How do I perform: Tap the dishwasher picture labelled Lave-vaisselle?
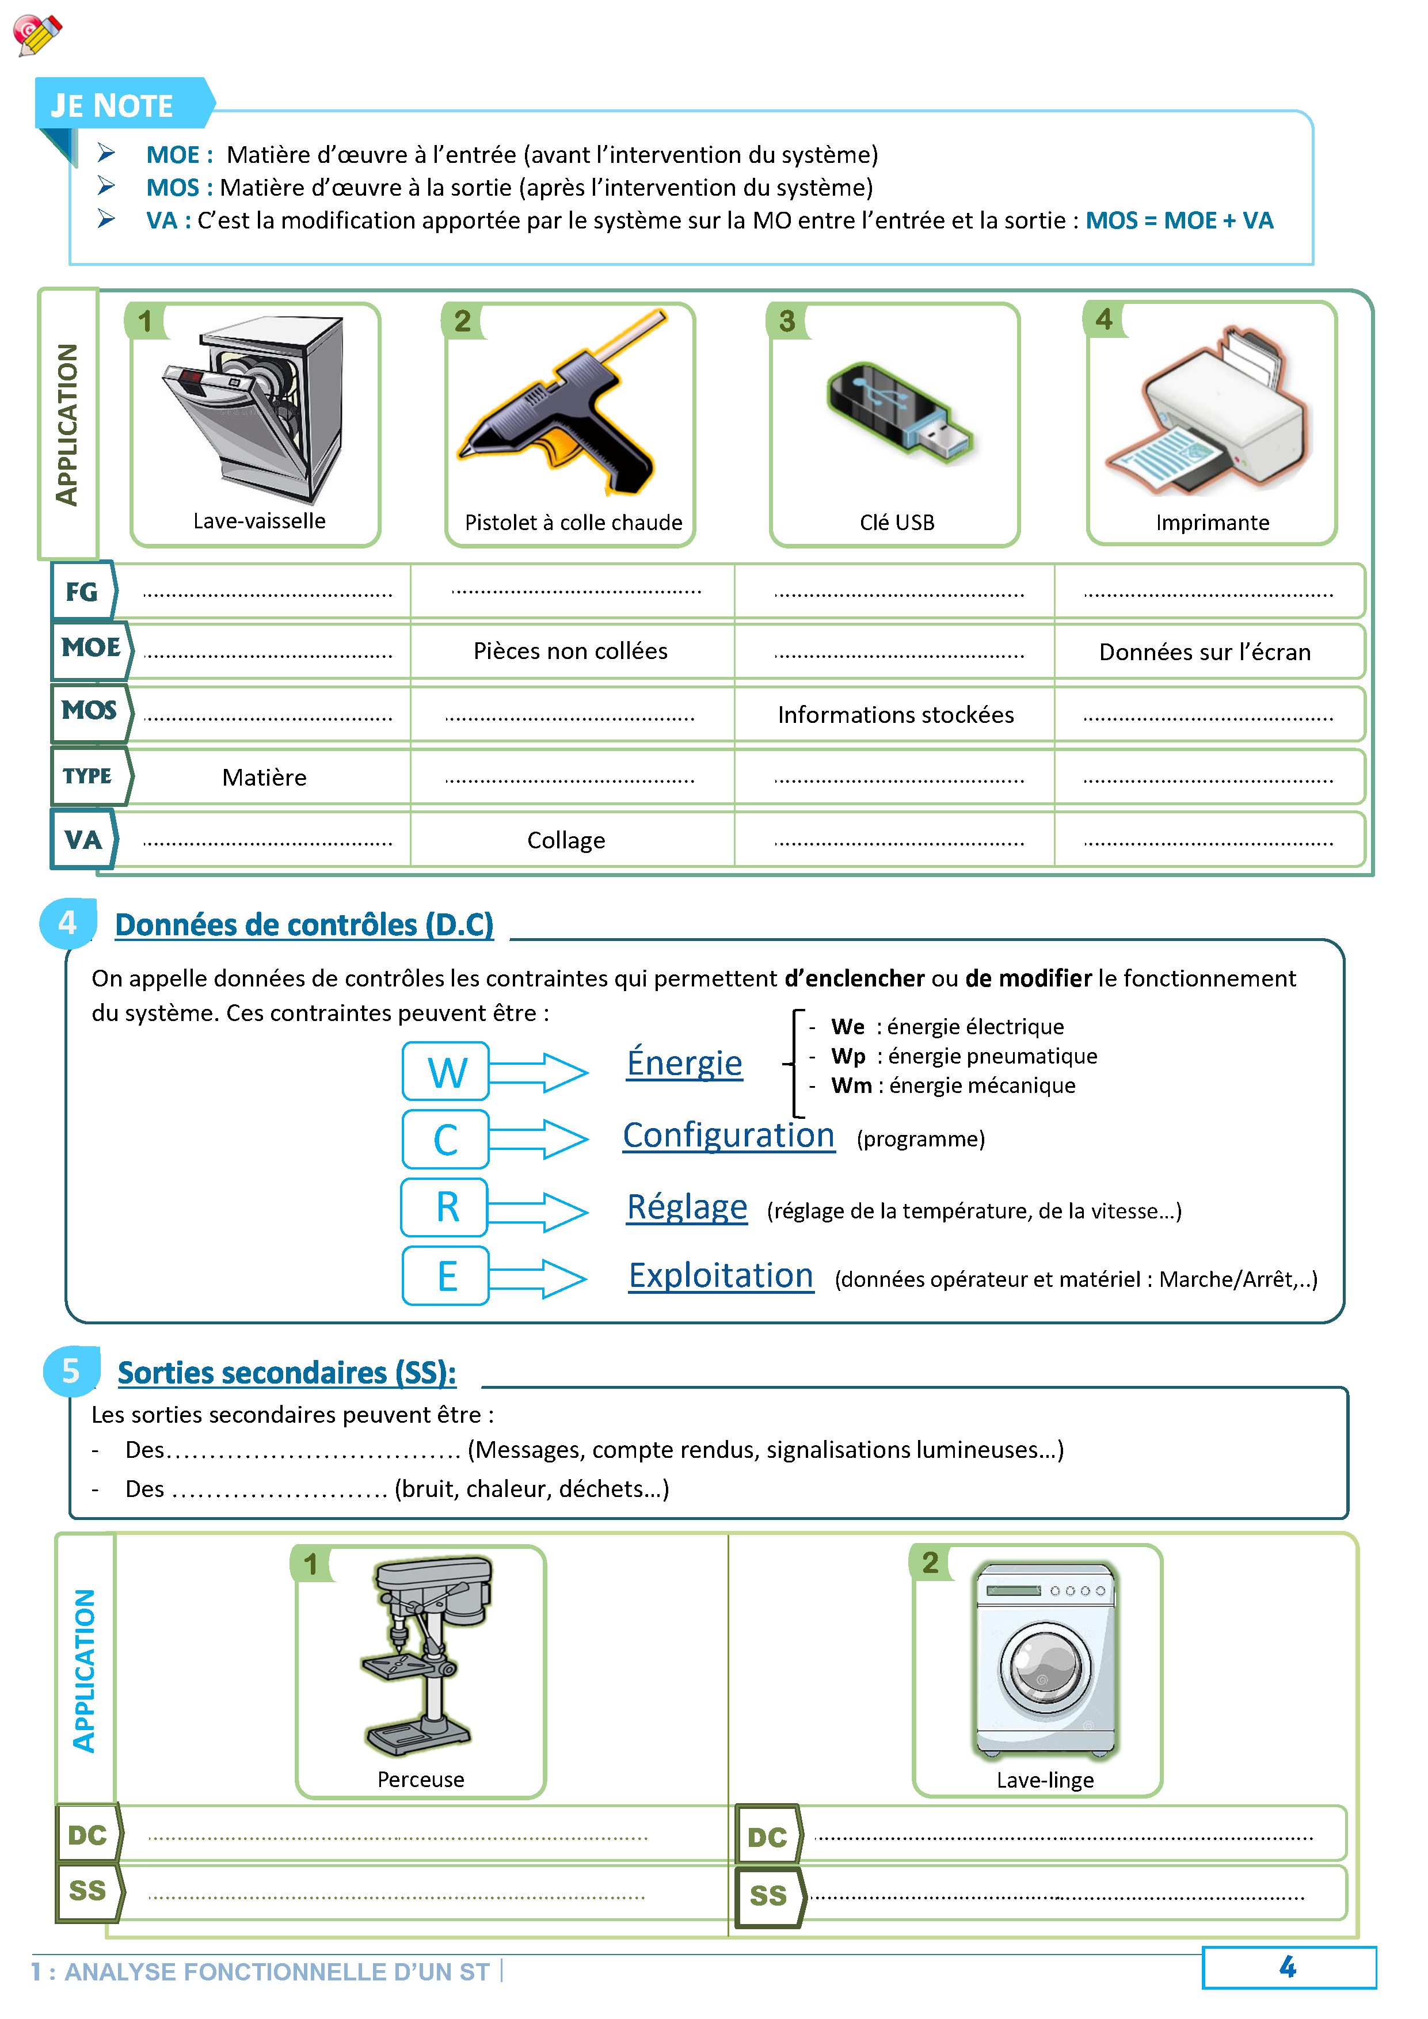tap(255, 409)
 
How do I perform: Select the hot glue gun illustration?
tap(563, 405)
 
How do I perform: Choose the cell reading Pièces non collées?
tap(570, 651)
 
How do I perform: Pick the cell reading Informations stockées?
tap(895, 715)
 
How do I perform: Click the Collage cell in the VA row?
tap(566, 841)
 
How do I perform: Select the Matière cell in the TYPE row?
tap(264, 778)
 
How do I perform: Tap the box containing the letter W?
tap(446, 1072)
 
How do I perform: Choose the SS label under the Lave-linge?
tap(768, 1896)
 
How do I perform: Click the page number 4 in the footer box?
tap(1288, 1967)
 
